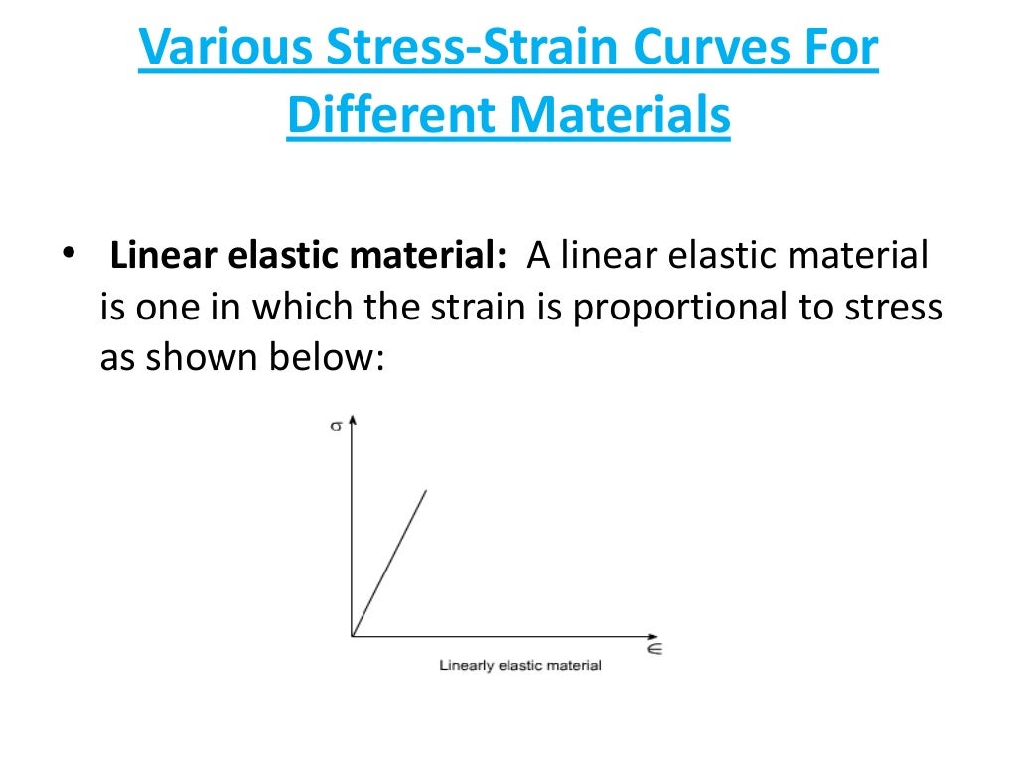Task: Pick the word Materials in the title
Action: click(625, 117)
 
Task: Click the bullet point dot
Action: click(68, 254)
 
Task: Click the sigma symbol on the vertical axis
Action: click(336, 427)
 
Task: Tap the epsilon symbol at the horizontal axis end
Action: click(654, 649)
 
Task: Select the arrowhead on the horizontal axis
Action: click(652, 635)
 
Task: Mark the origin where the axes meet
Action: click(352, 635)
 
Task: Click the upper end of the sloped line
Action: click(426, 490)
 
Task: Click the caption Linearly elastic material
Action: click(520, 665)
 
